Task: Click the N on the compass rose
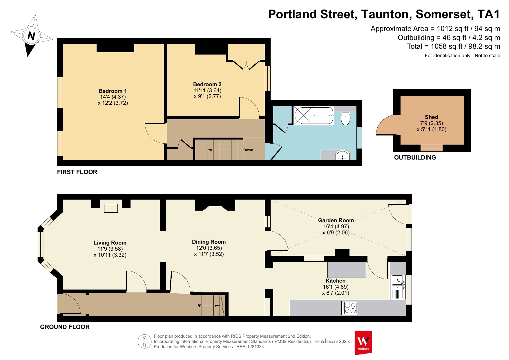(x=31, y=36)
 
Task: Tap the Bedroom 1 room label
(x=113, y=91)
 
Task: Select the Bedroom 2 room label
(x=207, y=84)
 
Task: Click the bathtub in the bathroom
(x=314, y=115)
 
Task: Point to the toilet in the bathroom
(x=345, y=118)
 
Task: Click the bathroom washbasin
(x=343, y=155)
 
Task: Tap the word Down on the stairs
(x=248, y=150)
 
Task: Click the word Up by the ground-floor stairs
(x=199, y=305)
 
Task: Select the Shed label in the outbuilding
(x=432, y=117)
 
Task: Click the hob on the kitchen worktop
(x=349, y=308)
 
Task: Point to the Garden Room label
(x=336, y=220)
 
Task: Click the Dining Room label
(x=209, y=242)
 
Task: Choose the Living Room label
(x=110, y=243)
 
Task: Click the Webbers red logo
(x=363, y=343)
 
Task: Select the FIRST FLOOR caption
(x=77, y=172)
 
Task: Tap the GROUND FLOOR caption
(x=65, y=327)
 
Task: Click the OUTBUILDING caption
(x=415, y=158)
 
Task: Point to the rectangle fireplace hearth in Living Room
(x=111, y=208)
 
